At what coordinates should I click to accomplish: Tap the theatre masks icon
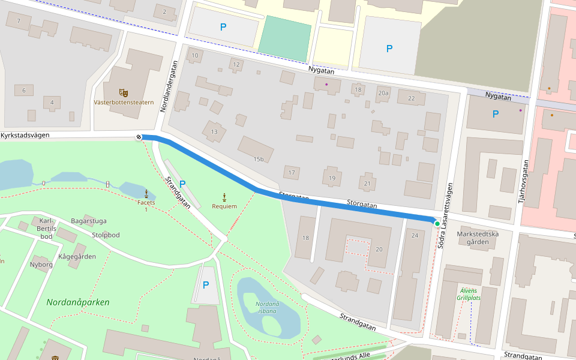[x=124, y=92]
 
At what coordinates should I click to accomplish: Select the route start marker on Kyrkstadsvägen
[x=139, y=137]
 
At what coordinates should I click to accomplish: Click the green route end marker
[x=437, y=223]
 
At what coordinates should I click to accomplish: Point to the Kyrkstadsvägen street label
[x=25, y=136]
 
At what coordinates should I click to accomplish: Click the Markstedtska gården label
[x=477, y=238]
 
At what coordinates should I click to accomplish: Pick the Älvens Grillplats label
[x=469, y=293]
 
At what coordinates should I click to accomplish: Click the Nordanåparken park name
[x=78, y=302]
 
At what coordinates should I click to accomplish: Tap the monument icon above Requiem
[x=224, y=197]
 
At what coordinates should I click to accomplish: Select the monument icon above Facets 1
[x=146, y=193]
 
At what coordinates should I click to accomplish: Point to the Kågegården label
[x=77, y=256]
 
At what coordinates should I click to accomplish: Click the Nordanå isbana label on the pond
[x=267, y=307]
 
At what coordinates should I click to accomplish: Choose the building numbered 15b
[x=259, y=159]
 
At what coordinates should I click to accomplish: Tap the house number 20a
[x=383, y=93]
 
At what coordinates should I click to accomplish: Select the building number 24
[x=415, y=235]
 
